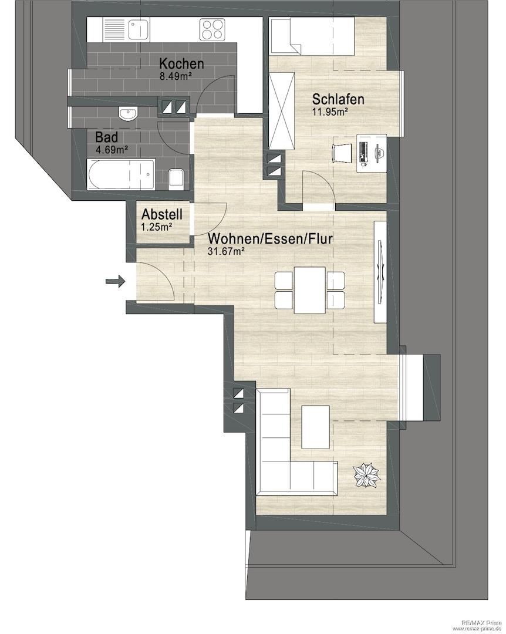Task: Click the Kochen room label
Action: point(181,64)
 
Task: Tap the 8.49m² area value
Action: point(176,76)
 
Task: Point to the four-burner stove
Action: point(212,29)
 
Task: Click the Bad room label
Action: point(106,137)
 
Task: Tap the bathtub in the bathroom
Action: point(121,174)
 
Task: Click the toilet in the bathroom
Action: point(176,178)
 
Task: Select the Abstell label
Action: point(162,214)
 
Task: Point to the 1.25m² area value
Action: point(157,227)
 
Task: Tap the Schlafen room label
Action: point(338,99)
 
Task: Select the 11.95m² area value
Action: point(330,112)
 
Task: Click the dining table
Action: point(310,290)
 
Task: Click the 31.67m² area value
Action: point(226,251)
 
